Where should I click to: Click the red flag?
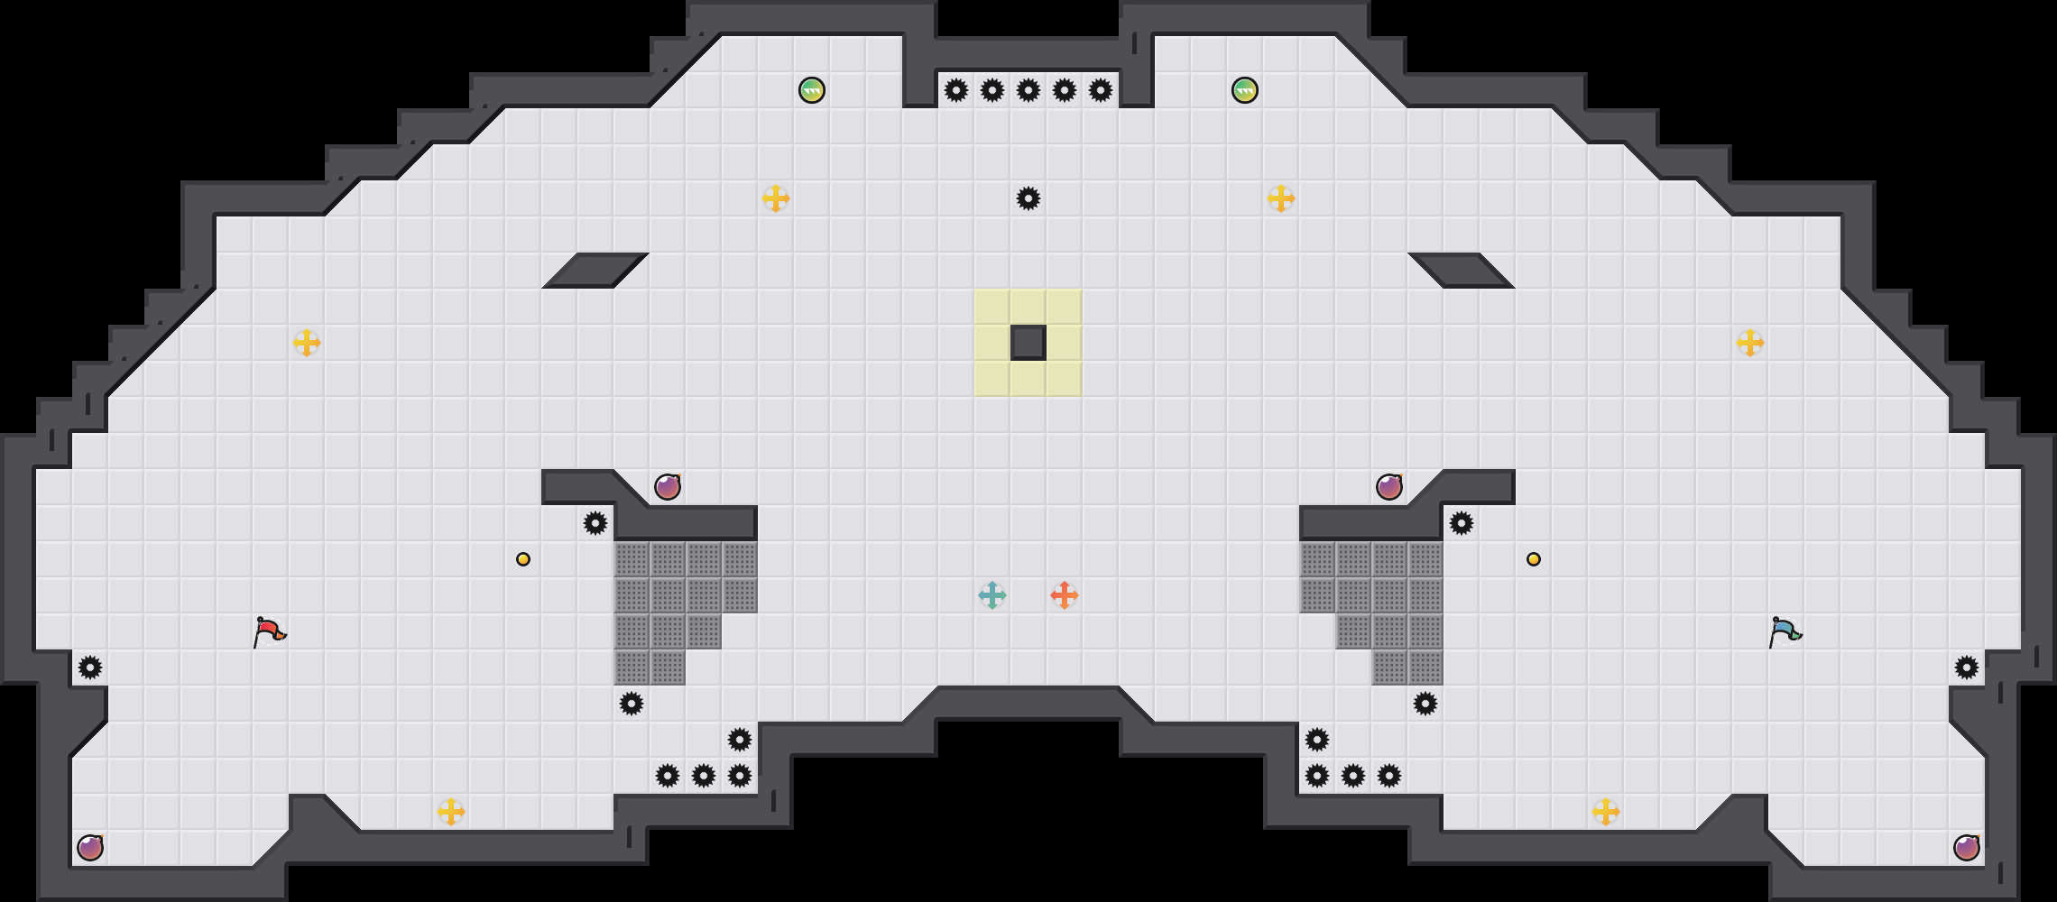(x=269, y=631)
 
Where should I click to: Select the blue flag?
(x=1785, y=631)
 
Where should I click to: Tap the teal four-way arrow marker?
(x=992, y=595)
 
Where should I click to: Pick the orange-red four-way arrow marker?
(x=1065, y=595)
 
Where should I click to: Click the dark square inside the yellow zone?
(x=1028, y=343)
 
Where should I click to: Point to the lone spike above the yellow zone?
(x=1028, y=198)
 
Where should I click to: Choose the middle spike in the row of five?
(x=1028, y=90)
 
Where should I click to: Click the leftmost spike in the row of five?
(x=956, y=90)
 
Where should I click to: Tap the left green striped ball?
(x=812, y=90)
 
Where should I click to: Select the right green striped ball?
(x=1245, y=90)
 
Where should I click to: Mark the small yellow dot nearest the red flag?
(x=523, y=559)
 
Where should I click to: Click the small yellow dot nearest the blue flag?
(x=1534, y=559)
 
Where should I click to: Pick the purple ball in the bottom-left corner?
(x=90, y=848)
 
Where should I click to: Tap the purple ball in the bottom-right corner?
(x=1967, y=848)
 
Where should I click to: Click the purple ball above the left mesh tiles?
(x=668, y=487)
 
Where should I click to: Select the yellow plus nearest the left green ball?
(x=776, y=198)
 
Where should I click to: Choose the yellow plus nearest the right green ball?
(x=1281, y=198)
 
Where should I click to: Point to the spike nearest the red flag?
(x=90, y=667)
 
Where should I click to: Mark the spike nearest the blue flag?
(x=1967, y=667)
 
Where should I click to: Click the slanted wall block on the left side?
(x=595, y=271)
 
